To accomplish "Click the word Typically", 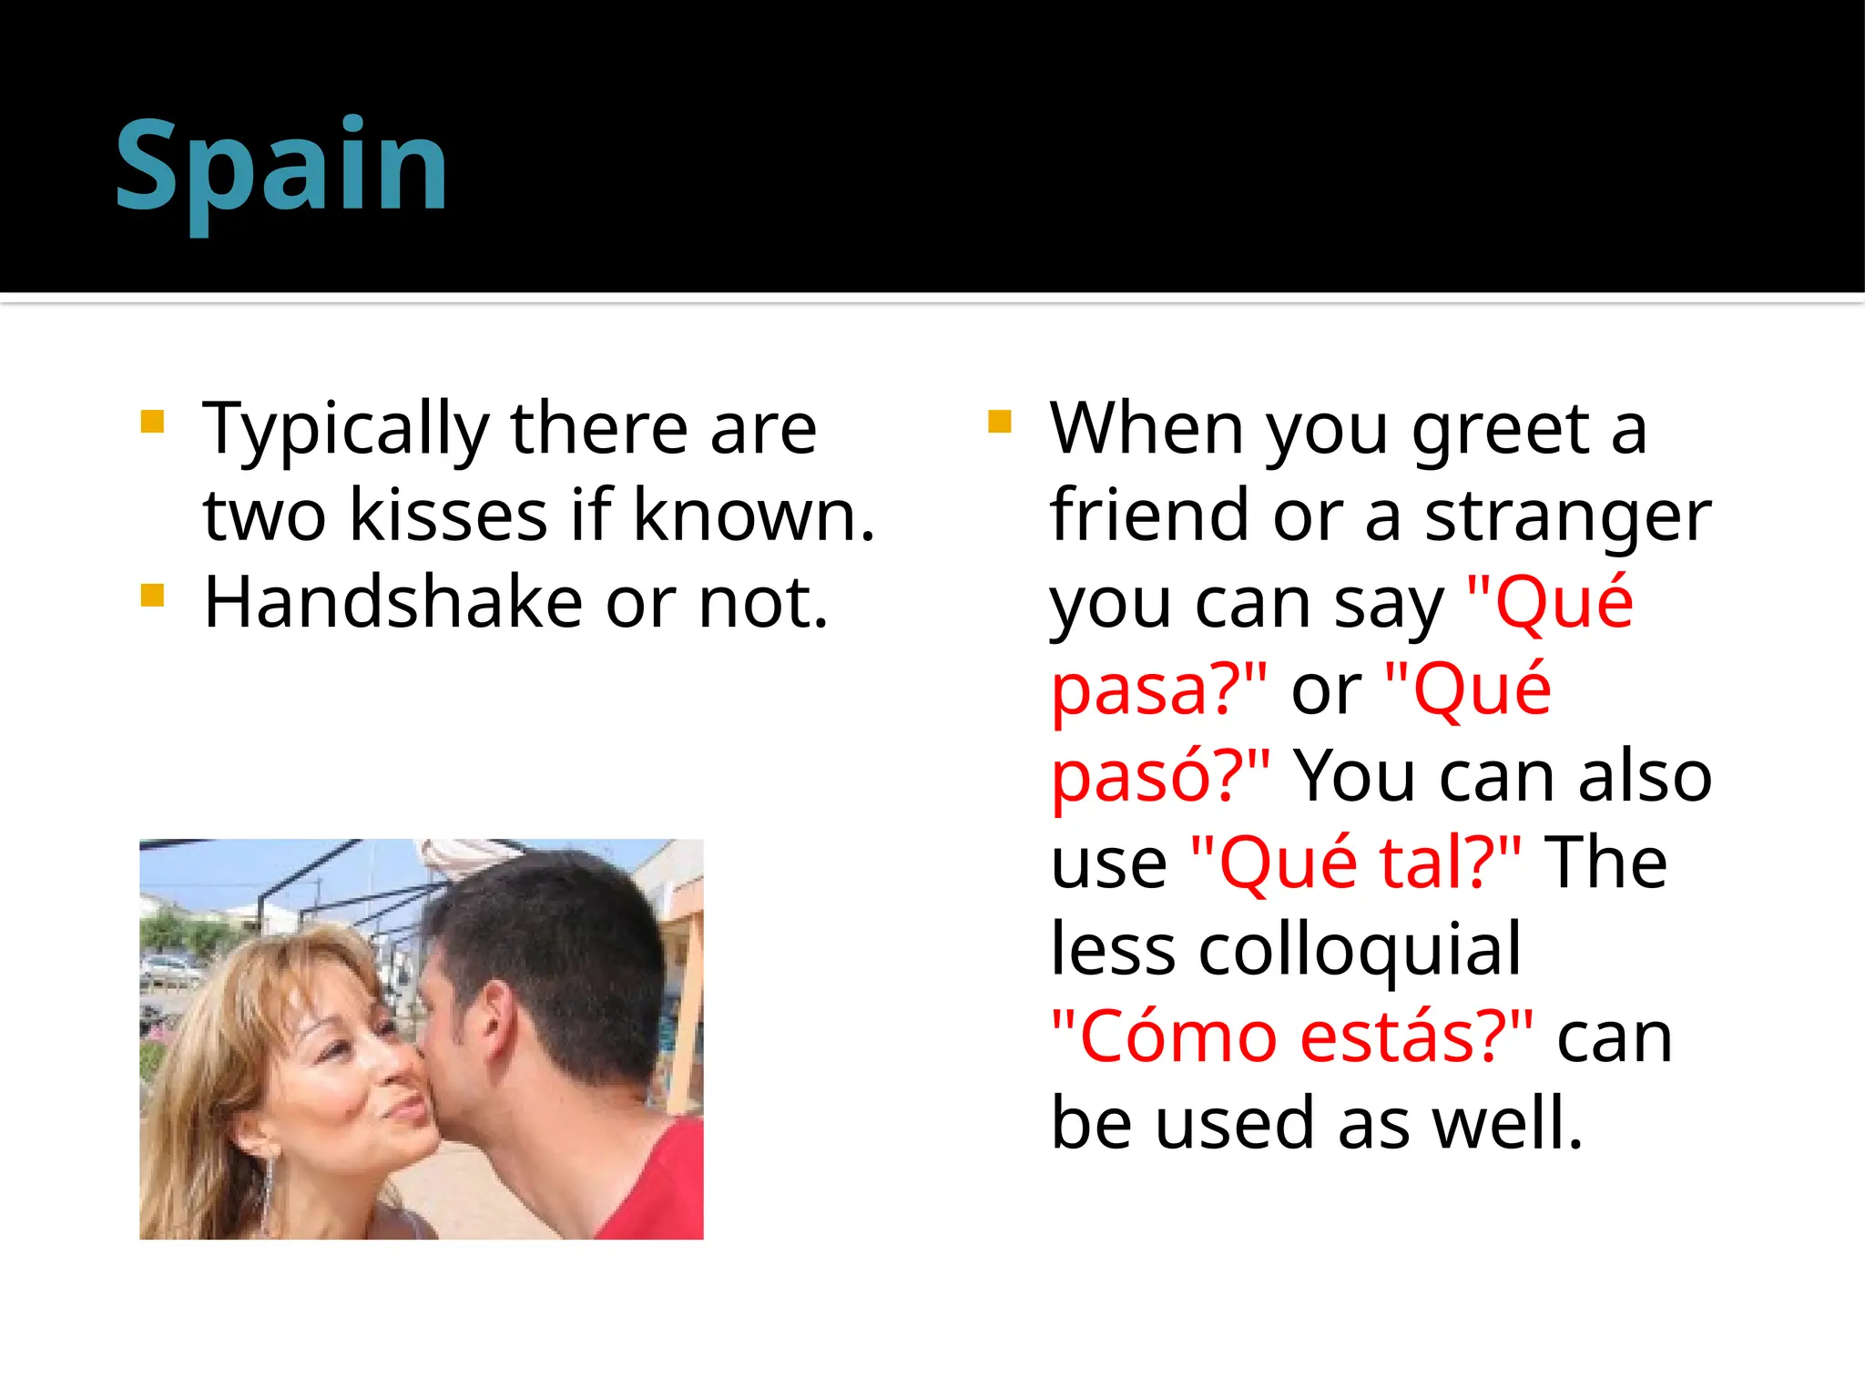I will (346, 430).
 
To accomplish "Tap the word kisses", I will (449, 516).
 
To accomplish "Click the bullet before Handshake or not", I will (152, 597).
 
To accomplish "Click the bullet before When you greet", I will (999, 422).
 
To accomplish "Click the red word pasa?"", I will (1158, 689).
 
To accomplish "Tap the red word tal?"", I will (1450, 863).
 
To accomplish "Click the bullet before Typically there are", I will (152, 422).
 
